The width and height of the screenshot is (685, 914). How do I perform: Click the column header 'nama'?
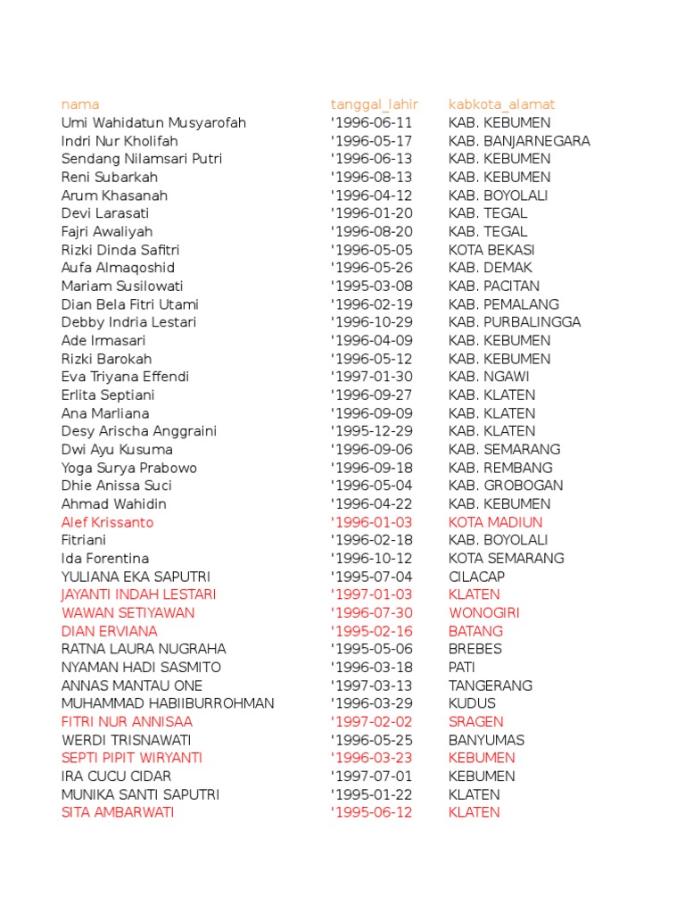[x=80, y=104]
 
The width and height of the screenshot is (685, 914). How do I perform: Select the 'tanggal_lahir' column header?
[x=374, y=104]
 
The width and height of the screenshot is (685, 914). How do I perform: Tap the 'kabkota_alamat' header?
[x=501, y=104]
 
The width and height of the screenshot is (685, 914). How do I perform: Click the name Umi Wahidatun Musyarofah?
[x=153, y=122]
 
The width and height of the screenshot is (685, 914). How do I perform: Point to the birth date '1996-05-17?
[x=371, y=141]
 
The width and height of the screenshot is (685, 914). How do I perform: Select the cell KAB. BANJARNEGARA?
[x=519, y=141]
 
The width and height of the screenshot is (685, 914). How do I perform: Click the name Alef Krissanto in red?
[x=107, y=522]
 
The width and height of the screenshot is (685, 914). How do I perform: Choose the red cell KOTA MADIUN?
[x=495, y=522]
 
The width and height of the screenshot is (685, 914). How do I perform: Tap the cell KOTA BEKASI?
[x=491, y=250]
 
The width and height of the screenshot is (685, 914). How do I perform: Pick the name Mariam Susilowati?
[x=122, y=287]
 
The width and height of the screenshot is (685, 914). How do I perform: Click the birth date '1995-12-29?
[x=371, y=431]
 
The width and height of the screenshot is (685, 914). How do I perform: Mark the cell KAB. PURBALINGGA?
[x=515, y=322]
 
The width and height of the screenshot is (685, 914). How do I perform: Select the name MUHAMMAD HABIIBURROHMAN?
[x=168, y=703]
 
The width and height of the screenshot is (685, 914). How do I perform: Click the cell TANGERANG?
[x=491, y=685]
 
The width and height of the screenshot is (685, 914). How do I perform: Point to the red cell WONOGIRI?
[x=484, y=613]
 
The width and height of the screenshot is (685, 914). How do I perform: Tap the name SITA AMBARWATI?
[x=118, y=812]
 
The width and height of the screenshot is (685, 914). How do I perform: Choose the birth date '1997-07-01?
[x=371, y=777]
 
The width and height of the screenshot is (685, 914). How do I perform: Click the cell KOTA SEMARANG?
[x=506, y=558]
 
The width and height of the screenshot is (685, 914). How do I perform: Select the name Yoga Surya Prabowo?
[x=129, y=468]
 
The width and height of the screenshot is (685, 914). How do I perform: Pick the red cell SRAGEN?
[x=476, y=721]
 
